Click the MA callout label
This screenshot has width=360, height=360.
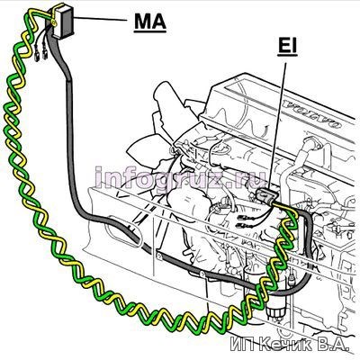(150, 21)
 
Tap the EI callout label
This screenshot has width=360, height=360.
(287, 47)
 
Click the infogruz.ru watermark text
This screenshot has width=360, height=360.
(181, 177)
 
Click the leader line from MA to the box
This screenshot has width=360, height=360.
(101, 19)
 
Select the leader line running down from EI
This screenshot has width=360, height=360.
(278, 125)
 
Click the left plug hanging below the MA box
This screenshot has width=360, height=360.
(37, 57)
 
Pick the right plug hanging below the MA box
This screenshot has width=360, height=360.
(45, 54)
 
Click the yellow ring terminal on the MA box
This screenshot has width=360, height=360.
(55, 22)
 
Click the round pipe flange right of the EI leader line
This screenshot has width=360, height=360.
(314, 143)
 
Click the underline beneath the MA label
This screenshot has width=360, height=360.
(150, 31)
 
